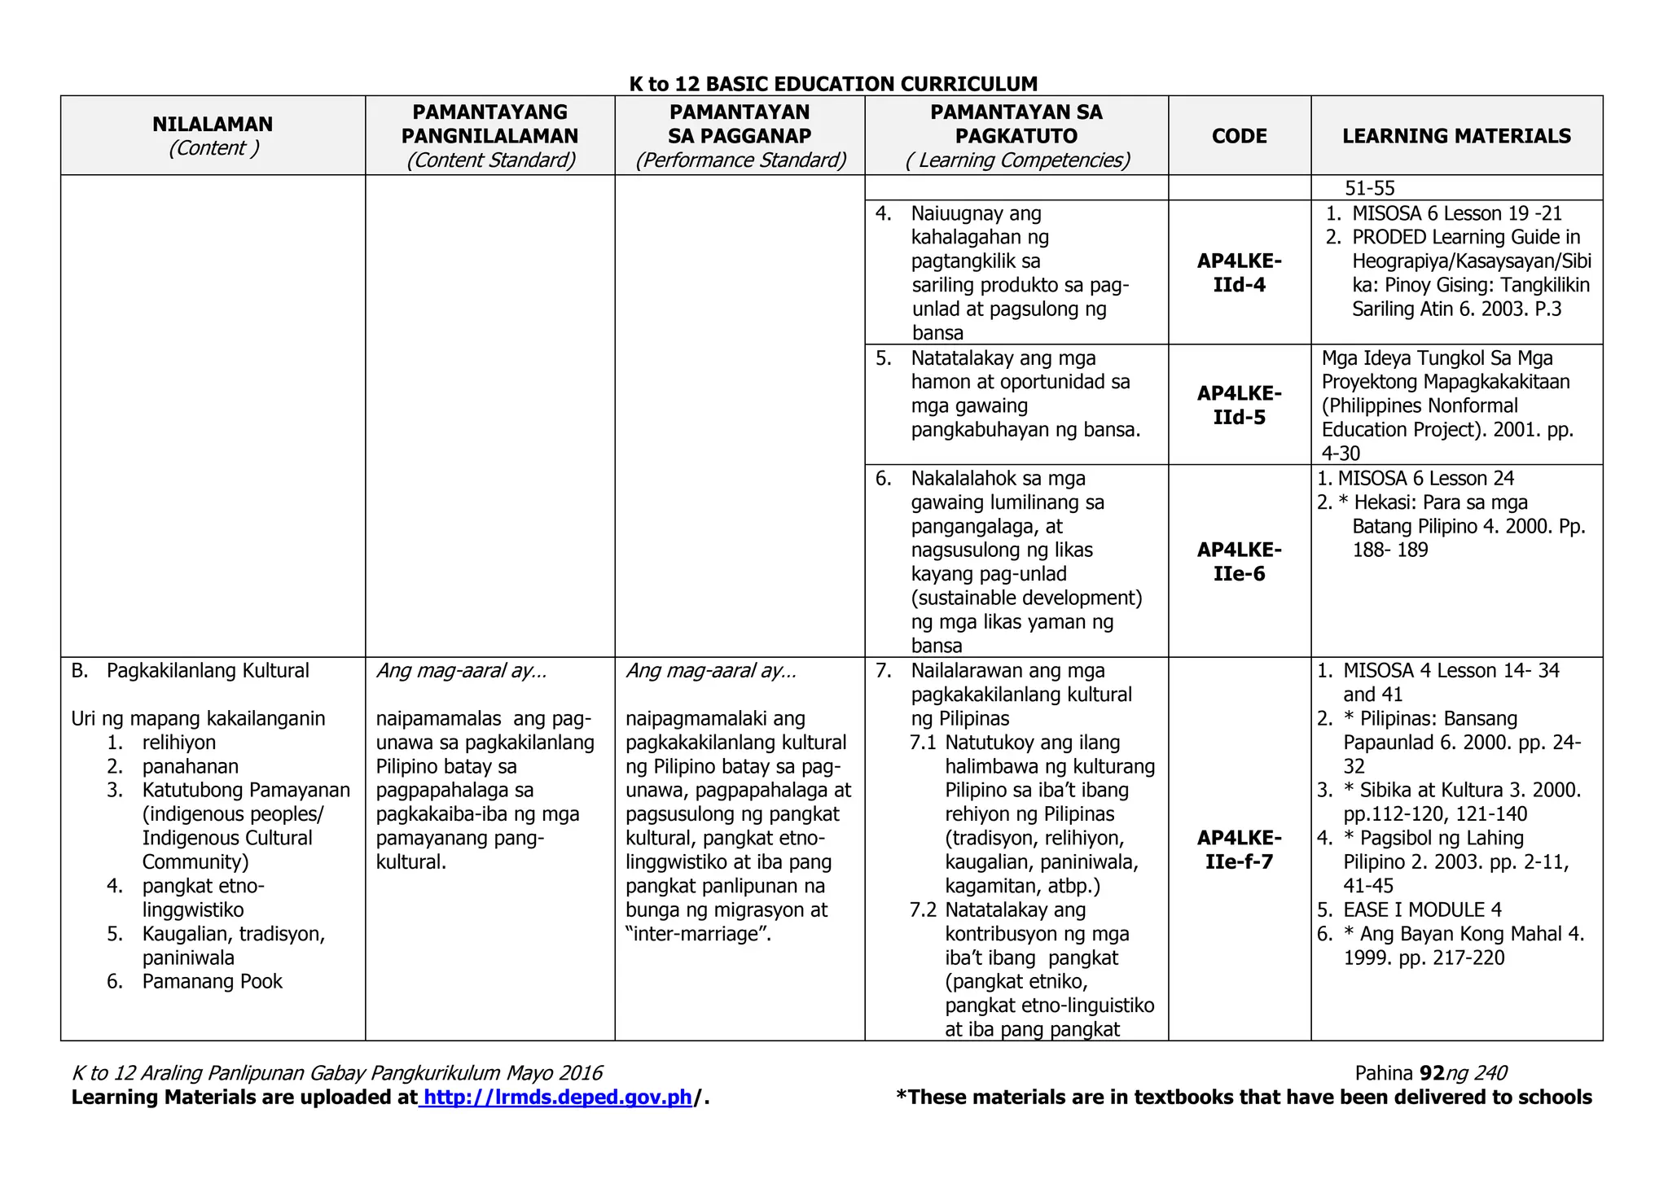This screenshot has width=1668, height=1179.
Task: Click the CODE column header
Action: [x=1239, y=136]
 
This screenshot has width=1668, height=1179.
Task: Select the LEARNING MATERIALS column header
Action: [x=1456, y=136]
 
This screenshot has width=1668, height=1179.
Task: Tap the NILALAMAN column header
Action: [x=213, y=125]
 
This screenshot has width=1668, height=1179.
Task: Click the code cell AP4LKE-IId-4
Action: [x=1239, y=273]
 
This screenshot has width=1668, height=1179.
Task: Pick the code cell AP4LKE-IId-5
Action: [x=1239, y=405]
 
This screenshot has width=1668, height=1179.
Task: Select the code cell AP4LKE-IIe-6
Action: [x=1239, y=561]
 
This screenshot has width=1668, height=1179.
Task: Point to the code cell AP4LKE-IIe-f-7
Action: [x=1239, y=849]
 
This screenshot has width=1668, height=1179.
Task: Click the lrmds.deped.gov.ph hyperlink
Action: [x=558, y=1097]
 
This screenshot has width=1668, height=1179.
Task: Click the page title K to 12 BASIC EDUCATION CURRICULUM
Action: [x=833, y=84]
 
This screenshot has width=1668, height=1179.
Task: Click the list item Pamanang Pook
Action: [x=212, y=981]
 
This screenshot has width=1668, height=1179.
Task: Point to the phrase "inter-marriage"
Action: [x=698, y=934]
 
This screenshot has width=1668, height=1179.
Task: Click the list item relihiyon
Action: [x=179, y=743]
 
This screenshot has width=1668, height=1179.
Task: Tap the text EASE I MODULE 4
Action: [x=1422, y=909]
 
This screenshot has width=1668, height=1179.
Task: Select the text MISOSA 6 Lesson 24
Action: [x=1425, y=479]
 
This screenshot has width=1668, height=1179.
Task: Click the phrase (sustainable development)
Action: [x=1026, y=598]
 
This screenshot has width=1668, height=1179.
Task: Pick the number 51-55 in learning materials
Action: [x=1369, y=188]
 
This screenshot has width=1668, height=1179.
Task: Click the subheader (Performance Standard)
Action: [x=740, y=160]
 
